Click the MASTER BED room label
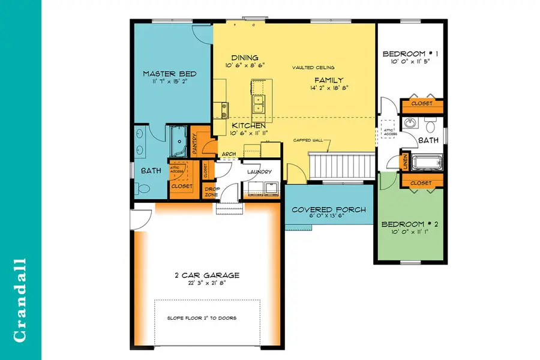[x=169, y=74]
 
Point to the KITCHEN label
[x=248, y=125]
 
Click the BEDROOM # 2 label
[x=410, y=224]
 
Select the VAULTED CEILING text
[x=314, y=67]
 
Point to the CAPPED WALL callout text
[x=308, y=140]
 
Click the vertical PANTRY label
[x=196, y=144]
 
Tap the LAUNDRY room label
[x=259, y=172]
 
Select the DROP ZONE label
[x=212, y=192]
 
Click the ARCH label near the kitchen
[x=229, y=154]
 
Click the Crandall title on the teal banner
[x=20, y=300]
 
